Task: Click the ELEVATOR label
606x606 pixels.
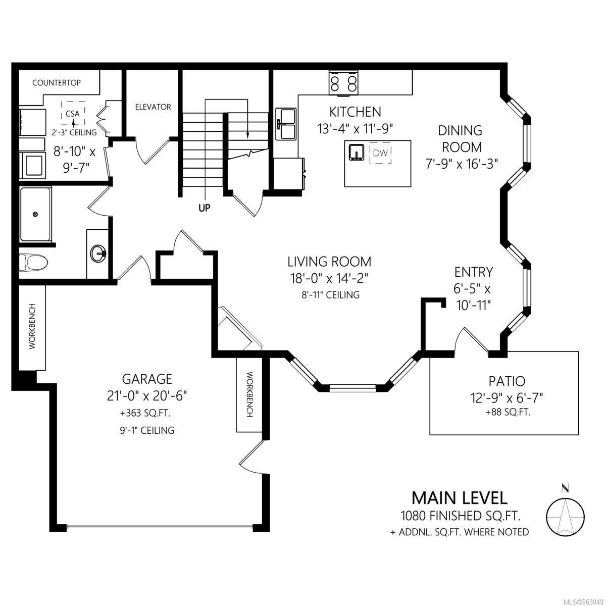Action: pos(153,107)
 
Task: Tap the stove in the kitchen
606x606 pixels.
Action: pos(343,82)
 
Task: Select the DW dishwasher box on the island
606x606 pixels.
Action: pos(381,153)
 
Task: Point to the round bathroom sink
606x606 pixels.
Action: pos(98,253)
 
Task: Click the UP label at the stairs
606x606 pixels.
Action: pos(205,208)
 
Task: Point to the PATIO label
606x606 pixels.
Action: pos(507,381)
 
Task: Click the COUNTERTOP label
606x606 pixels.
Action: pos(57,83)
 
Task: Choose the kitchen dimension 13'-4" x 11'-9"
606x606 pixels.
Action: pos(356,129)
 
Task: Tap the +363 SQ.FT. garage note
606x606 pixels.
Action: pos(145,413)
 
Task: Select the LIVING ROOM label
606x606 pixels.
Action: pos(329,262)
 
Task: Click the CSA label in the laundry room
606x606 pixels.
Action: pos(73,114)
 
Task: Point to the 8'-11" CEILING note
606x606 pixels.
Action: pos(330,294)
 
